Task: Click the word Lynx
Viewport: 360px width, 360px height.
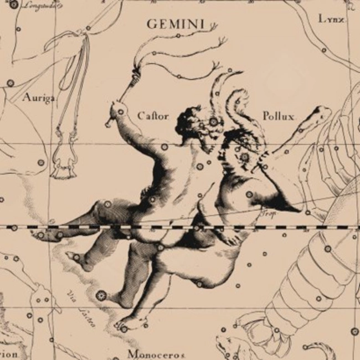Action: (331, 19)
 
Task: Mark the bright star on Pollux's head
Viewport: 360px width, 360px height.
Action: (244, 157)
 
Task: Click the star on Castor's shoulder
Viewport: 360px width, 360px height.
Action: (164, 147)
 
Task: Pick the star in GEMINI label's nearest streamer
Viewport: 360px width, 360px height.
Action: (177, 35)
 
